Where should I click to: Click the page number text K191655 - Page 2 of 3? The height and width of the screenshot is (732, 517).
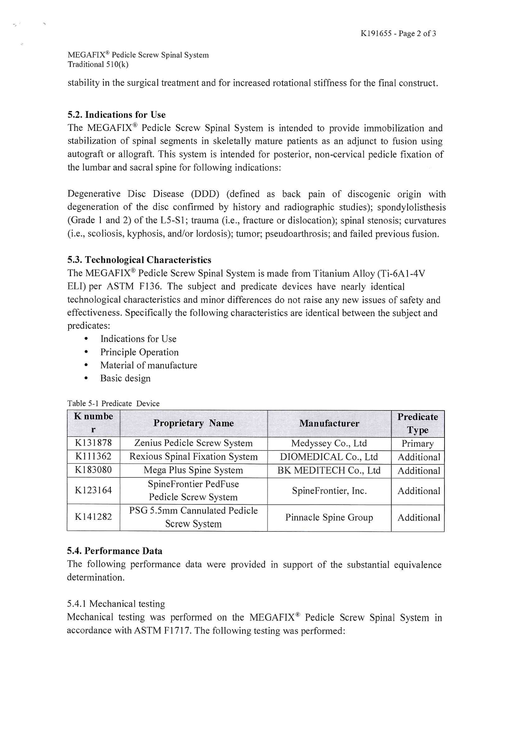coord(398,33)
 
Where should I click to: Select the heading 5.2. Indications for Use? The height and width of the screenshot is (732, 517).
coord(116,115)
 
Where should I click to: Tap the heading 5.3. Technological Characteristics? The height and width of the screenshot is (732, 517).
coord(139,260)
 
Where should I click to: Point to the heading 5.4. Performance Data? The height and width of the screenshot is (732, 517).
coord(115,551)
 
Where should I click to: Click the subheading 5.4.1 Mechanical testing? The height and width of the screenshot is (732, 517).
coord(116,604)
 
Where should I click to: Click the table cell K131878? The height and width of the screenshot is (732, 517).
coord(93,443)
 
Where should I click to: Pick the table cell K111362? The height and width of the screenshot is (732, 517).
coord(93,456)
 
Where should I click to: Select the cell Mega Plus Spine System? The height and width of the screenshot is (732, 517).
coord(193,470)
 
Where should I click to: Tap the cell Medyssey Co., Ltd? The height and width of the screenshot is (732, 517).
coord(329,443)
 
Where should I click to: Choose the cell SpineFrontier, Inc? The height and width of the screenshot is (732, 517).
coord(329,491)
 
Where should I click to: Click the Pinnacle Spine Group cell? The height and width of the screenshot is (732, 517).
coord(329,518)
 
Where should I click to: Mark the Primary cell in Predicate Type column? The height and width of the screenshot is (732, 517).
coord(418,444)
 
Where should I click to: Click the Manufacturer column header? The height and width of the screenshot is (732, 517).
coord(329,423)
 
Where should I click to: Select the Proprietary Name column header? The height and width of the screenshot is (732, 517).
coord(193,423)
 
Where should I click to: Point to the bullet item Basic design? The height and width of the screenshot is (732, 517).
coord(125,378)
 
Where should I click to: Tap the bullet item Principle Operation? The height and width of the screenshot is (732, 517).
coord(139,352)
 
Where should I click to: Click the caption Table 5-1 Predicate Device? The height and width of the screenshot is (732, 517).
coord(113,404)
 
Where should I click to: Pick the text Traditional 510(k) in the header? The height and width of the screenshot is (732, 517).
coord(98,64)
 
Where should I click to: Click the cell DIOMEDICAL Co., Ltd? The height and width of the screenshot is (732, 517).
coord(329,457)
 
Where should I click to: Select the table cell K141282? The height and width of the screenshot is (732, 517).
coord(93,517)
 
